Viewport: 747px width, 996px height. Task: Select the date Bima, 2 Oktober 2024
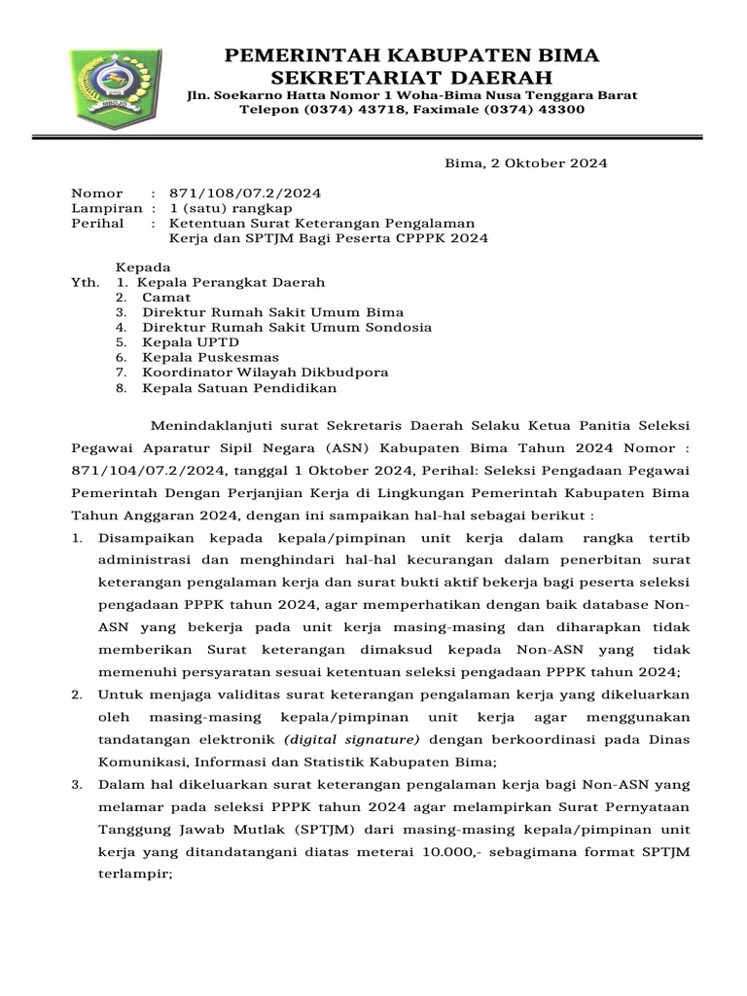tap(525, 163)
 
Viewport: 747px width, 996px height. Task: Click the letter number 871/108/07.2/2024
tap(245, 193)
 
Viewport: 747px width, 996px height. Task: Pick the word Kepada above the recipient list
tap(144, 267)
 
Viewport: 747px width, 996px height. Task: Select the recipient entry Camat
tap(166, 298)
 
